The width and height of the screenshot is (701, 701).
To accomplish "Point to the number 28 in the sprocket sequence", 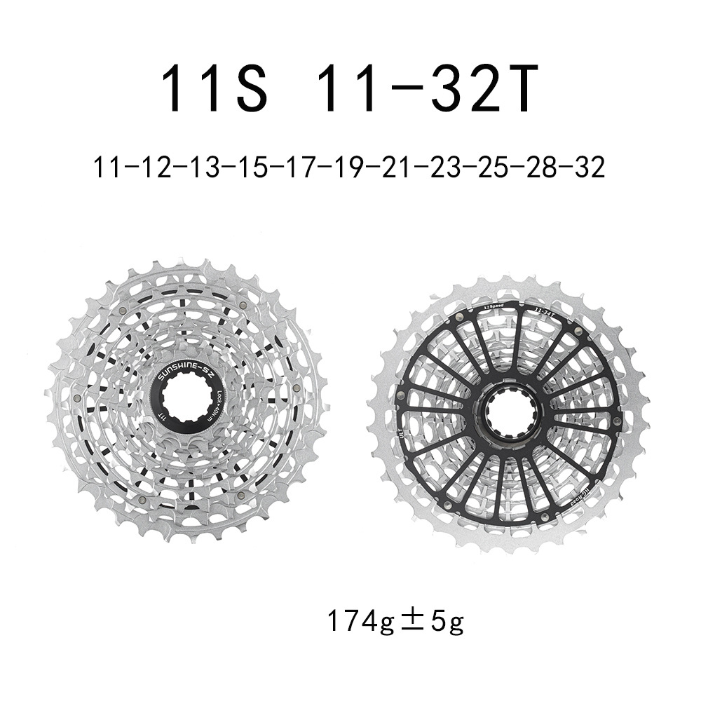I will pos(540,168).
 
